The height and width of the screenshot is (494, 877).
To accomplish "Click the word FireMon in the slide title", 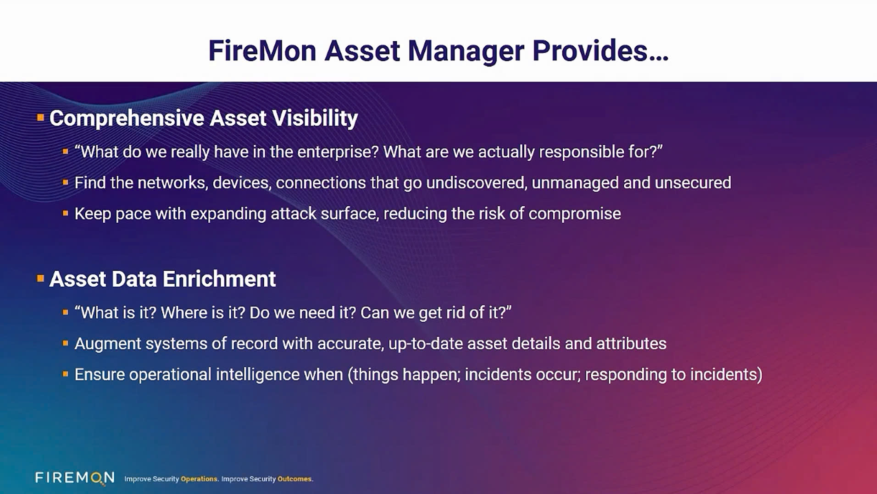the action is pyautogui.click(x=262, y=50).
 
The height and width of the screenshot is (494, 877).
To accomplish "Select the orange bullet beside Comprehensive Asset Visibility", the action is pyautogui.click(x=40, y=118).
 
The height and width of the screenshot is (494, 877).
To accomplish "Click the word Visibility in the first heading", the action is pyautogui.click(x=315, y=118).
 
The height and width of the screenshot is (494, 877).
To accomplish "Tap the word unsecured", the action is pyautogui.click(x=693, y=183).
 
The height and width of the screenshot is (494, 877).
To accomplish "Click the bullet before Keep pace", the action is pyautogui.click(x=66, y=213).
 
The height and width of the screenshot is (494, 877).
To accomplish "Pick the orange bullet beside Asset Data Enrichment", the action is pyautogui.click(x=40, y=278).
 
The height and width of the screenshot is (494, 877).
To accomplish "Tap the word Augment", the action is pyautogui.click(x=107, y=344).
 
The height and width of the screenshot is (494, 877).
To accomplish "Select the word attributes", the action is pyautogui.click(x=631, y=344).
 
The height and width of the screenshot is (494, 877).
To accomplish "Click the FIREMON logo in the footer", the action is pyautogui.click(x=75, y=478).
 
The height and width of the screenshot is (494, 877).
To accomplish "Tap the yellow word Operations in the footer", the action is pyautogui.click(x=199, y=479).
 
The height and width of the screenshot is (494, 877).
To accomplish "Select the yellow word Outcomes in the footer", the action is pyautogui.click(x=295, y=479).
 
